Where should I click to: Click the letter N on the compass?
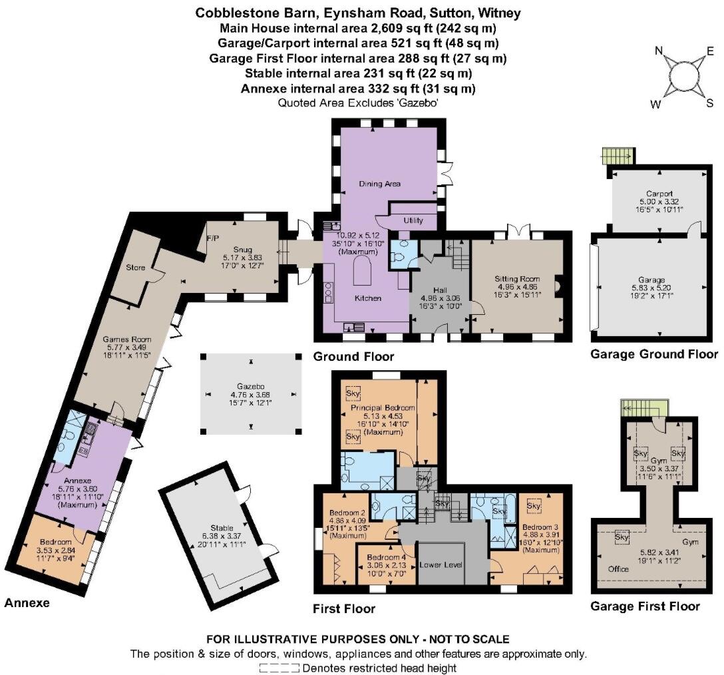coord(659,51)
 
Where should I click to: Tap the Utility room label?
coord(413,220)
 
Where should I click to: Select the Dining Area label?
coord(379,184)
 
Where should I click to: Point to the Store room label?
coord(135,268)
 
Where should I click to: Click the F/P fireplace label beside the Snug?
coord(213,238)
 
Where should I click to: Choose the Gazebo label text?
coord(251,386)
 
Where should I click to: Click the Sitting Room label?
coord(516,279)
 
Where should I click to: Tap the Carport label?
coord(659,194)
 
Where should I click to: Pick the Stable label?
coord(222,528)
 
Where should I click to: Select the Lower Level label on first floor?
coord(441,564)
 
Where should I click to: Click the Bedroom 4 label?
coord(383,558)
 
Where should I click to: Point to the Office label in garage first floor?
coord(618,568)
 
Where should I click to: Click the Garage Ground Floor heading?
coord(654,354)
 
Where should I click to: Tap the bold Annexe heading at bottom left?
coord(27,603)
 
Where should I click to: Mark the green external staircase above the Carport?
coord(618,156)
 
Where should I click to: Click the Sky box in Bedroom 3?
coord(534,507)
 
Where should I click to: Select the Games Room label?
coord(126,339)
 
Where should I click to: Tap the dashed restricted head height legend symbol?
coord(279,668)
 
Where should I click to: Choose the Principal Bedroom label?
coord(383,408)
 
